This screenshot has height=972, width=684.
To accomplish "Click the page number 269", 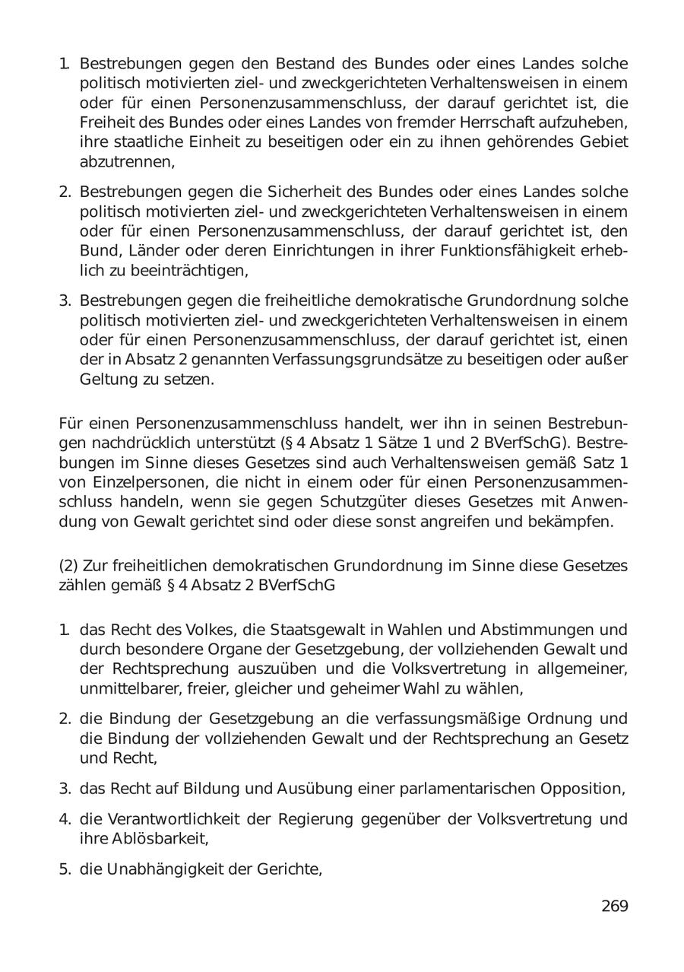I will point(614,906).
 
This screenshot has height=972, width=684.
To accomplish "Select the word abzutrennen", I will point(126,161).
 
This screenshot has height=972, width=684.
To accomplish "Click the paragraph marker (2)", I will point(68,566).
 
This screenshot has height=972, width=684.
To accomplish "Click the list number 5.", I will point(65,869).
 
